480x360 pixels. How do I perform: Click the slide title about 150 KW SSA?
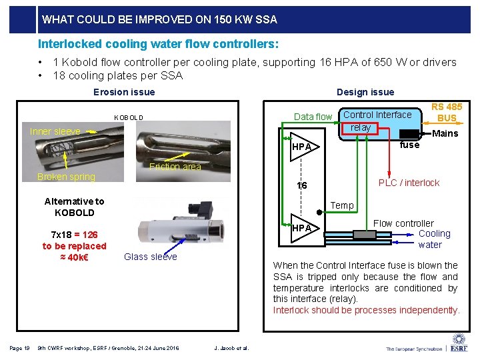[159, 19]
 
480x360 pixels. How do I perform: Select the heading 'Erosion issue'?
[124, 92]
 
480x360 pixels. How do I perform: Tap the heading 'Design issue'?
[365, 92]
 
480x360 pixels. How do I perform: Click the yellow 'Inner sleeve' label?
[55, 131]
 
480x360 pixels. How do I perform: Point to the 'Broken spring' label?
[66, 177]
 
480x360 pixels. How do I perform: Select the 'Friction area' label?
[175, 167]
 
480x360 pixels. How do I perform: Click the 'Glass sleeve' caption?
[151, 257]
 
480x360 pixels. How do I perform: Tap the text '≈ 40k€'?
[74, 257]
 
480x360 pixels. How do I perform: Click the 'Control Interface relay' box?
[377, 121]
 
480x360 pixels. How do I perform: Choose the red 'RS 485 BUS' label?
[447, 112]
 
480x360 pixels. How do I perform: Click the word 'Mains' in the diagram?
[445, 133]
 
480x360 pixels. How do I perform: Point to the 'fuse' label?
[409, 145]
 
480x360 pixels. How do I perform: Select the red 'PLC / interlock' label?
[409, 183]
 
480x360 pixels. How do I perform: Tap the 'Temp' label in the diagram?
[342, 205]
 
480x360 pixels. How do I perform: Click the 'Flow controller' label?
[403, 223]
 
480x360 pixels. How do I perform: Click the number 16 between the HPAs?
[302, 185]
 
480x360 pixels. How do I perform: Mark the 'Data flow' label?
[313, 117]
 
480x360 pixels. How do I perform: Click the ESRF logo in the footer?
[459, 343]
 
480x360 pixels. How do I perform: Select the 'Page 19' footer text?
[19, 347]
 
